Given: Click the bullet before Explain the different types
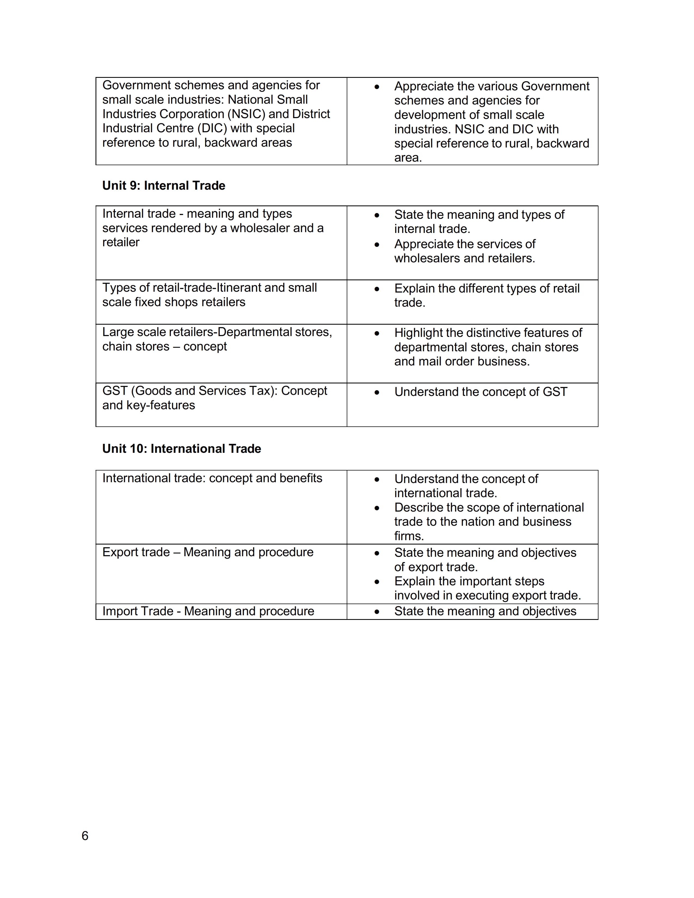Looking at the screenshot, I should [x=377, y=289].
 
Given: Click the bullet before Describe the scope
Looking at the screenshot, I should [x=377, y=508].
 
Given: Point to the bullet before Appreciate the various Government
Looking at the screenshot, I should [x=377, y=87].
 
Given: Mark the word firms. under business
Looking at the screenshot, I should [x=409, y=536].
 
